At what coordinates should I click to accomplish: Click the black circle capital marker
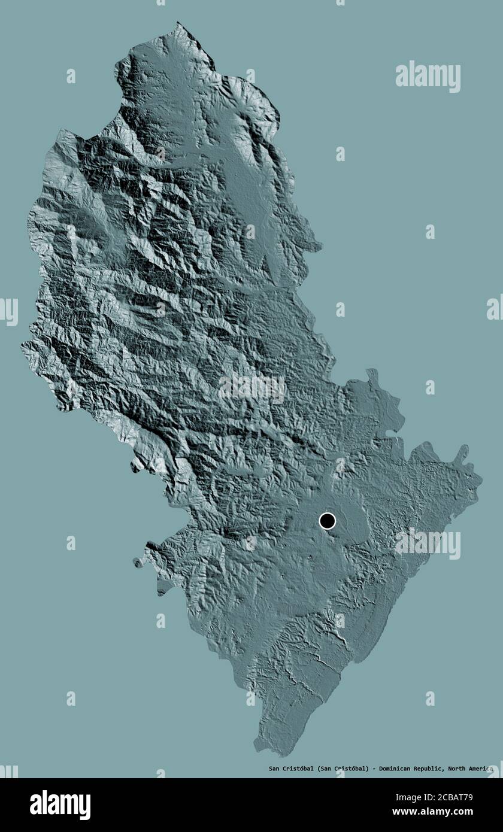click(x=327, y=521)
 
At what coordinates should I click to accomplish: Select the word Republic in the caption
click(x=428, y=769)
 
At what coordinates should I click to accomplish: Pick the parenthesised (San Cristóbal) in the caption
click(x=343, y=769)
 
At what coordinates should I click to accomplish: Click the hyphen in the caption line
click(x=375, y=769)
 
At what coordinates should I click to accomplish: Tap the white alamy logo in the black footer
click(x=60, y=805)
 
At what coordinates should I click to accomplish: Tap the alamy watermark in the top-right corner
click(x=428, y=76)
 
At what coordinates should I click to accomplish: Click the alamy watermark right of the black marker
click(x=428, y=543)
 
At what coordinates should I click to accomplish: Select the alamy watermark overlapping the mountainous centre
click(x=251, y=389)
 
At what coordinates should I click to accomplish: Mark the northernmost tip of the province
click(x=178, y=24)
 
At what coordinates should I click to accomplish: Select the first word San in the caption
click(x=273, y=769)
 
